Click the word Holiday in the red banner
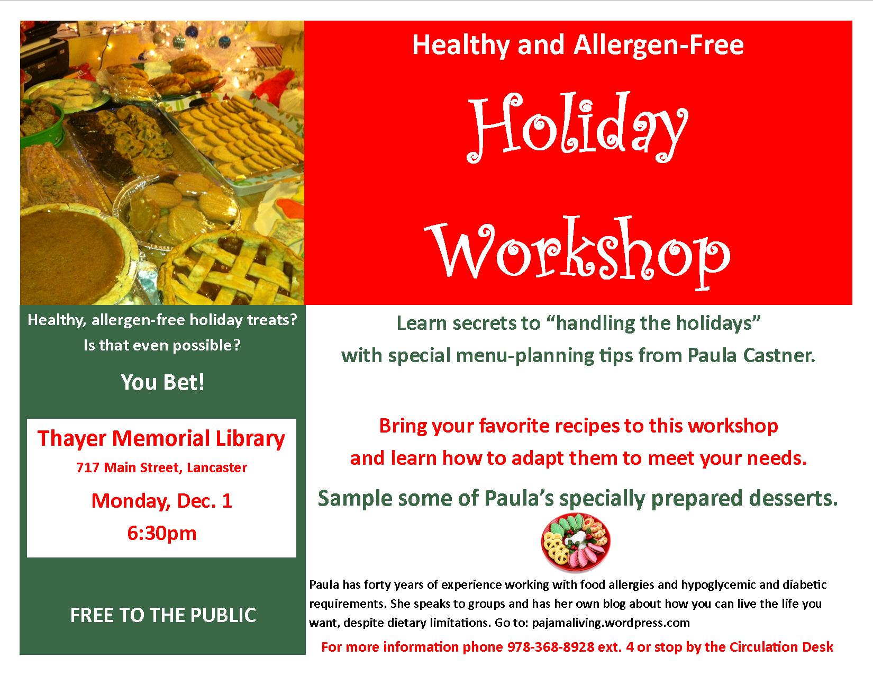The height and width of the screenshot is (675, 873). pyautogui.click(x=578, y=128)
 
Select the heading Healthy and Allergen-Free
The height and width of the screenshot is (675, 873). pyautogui.click(x=578, y=44)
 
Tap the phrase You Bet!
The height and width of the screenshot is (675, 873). pyautogui.click(x=163, y=382)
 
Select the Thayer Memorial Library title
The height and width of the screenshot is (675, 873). pyautogui.click(x=161, y=438)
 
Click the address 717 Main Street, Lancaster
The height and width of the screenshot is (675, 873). pyautogui.click(x=161, y=467)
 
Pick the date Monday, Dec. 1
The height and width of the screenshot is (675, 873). pyautogui.click(x=162, y=501)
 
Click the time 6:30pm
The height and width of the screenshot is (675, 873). pyautogui.click(x=162, y=534)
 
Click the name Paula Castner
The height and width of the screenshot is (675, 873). pyautogui.click(x=751, y=355)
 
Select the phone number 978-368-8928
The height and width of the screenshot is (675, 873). pyautogui.click(x=550, y=647)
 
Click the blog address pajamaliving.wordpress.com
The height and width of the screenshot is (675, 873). pyautogui.click(x=611, y=623)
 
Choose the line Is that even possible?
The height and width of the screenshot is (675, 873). pyautogui.click(x=162, y=345)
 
